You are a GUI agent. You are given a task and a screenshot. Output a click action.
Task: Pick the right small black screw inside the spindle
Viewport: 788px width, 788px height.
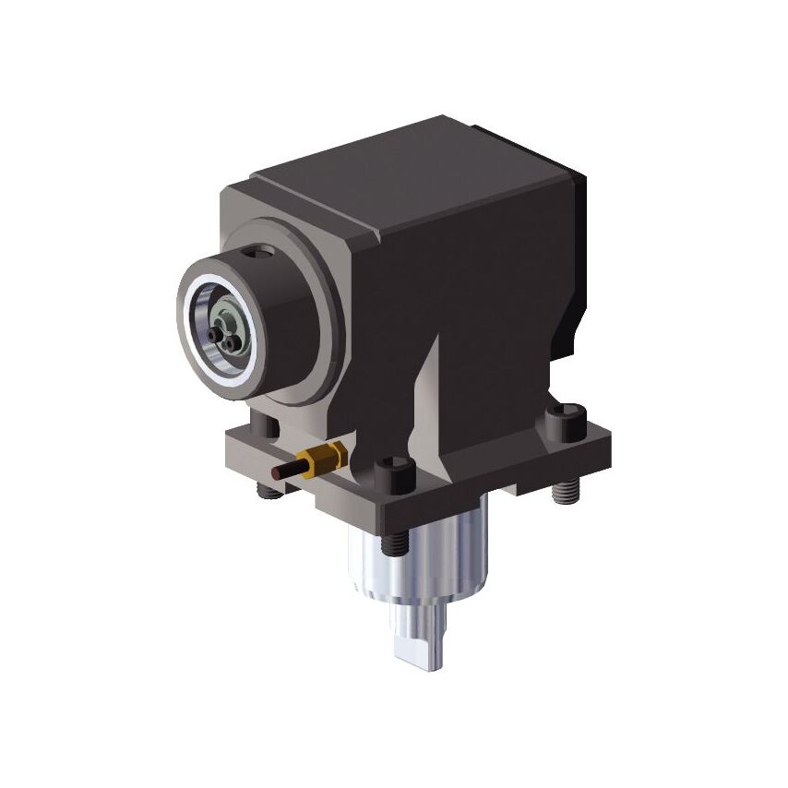point(229,342)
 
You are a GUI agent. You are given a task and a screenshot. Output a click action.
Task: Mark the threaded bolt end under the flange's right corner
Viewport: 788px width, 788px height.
point(562,492)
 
